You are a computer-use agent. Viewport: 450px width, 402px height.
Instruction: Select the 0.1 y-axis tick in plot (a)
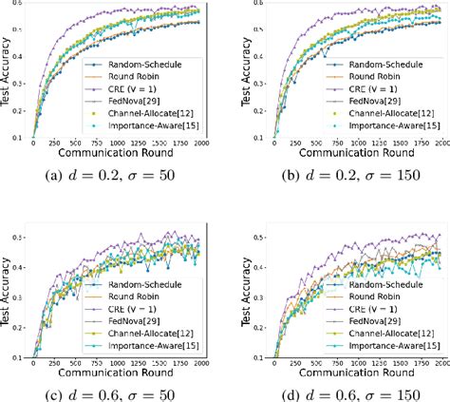[x=21, y=136]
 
